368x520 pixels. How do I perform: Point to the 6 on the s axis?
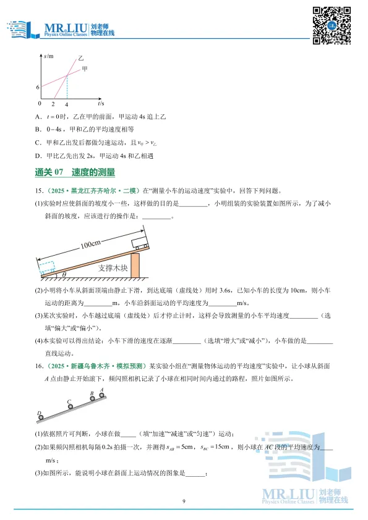click(38, 87)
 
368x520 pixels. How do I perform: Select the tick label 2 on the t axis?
click(53, 105)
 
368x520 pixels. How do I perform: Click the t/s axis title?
click(100, 104)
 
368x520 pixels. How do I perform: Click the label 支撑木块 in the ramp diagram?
click(112, 269)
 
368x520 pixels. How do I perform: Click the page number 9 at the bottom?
click(184, 501)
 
